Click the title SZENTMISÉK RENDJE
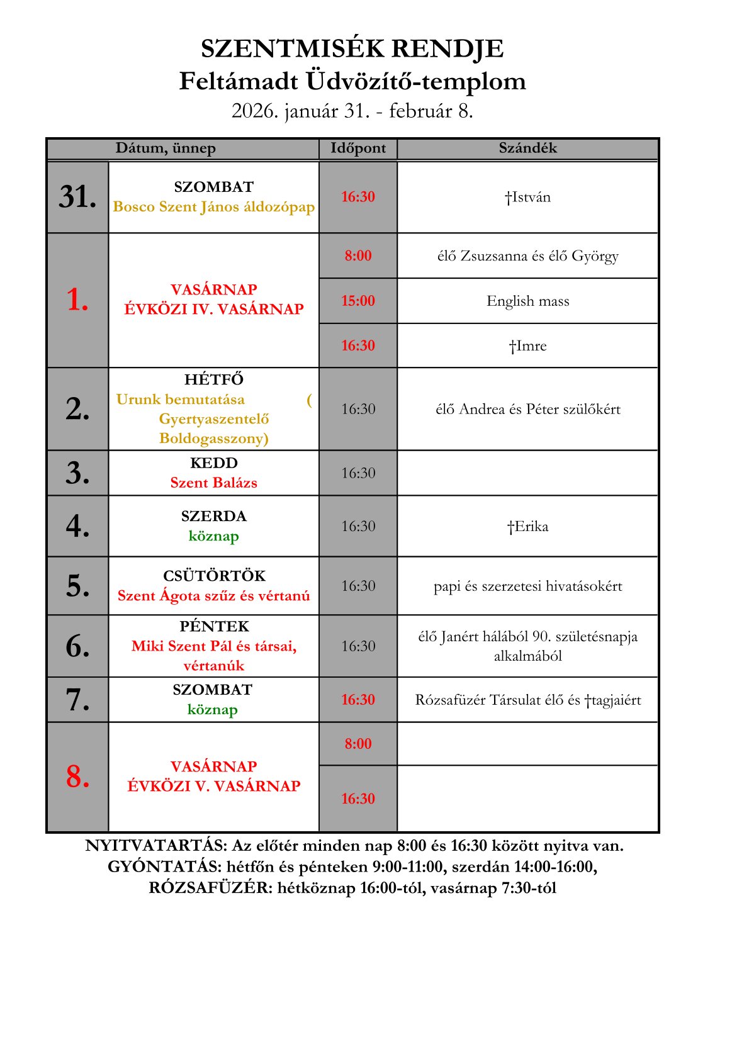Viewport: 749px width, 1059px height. pyautogui.click(x=352, y=48)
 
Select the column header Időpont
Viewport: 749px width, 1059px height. pyautogui.click(x=358, y=148)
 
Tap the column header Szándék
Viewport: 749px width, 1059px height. pyautogui.click(x=527, y=148)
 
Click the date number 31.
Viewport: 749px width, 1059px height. pyautogui.click(x=77, y=197)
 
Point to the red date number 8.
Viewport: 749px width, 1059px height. pyautogui.click(x=77, y=776)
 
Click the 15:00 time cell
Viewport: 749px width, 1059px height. pyautogui.click(x=358, y=301)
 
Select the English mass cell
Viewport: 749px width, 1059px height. pyautogui.click(x=527, y=301)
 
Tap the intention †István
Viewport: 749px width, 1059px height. pyautogui.click(x=527, y=198)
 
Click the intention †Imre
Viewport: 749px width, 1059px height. pyautogui.click(x=527, y=346)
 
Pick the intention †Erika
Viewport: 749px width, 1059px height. pyautogui.click(x=527, y=527)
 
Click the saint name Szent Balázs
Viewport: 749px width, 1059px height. pyautogui.click(x=213, y=483)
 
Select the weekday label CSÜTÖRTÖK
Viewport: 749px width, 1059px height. pyautogui.click(x=214, y=576)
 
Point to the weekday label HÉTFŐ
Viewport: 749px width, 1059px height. pyautogui.click(x=214, y=379)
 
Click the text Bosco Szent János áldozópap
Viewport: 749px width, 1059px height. pyautogui.click(x=214, y=207)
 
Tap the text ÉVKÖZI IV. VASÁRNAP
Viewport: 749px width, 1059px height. pyautogui.click(x=214, y=309)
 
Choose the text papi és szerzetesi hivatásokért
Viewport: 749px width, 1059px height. pyautogui.click(x=527, y=586)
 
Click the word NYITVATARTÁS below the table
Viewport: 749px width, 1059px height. pyautogui.click(x=155, y=846)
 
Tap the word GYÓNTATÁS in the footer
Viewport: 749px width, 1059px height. pyautogui.click(x=164, y=867)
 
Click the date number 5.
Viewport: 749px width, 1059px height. pyautogui.click(x=77, y=586)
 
